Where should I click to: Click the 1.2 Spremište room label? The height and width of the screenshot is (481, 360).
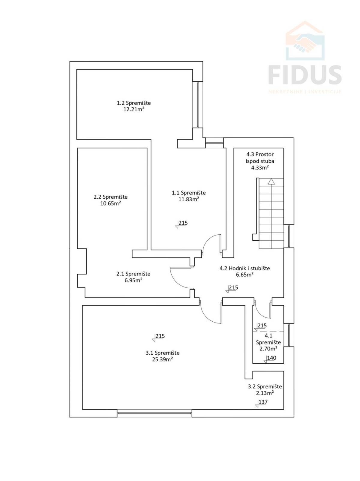(134, 103)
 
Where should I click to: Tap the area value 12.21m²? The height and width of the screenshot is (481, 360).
(134, 109)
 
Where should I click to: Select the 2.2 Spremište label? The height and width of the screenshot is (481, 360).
(111, 197)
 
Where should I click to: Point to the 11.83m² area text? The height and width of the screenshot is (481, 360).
(189, 199)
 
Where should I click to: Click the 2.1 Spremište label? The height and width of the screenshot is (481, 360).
(133, 274)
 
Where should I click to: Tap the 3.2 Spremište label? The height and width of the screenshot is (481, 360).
(265, 386)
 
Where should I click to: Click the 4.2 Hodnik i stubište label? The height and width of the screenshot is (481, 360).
(245, 268)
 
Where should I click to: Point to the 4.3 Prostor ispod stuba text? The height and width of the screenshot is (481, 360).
(260, 158)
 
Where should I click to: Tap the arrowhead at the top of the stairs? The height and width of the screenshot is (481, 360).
(271, 181)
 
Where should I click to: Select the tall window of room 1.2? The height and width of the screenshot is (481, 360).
(198, 104)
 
